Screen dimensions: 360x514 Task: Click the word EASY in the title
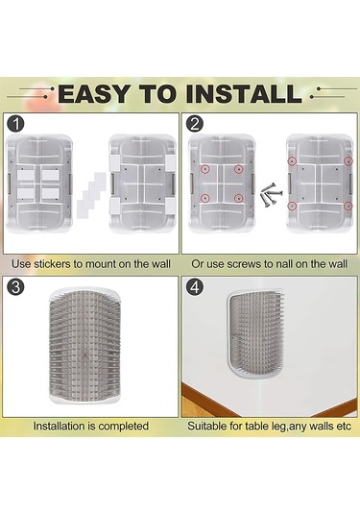click(x=95, y=94)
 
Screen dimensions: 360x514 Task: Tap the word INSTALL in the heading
click(x=244, y=94)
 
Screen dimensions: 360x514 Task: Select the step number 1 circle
click(x=15, y=124)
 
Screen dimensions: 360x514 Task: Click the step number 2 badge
click(x=195, y=124)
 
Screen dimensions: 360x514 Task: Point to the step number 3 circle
click(x=15, y=287)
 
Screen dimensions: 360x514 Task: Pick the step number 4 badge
click(x=195, y=287)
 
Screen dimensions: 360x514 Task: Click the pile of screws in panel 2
click(x=271, y=196)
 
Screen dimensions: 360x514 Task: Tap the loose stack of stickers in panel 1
click(x=91, y=195)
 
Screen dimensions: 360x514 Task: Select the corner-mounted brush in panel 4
click(x=254, y=333)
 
